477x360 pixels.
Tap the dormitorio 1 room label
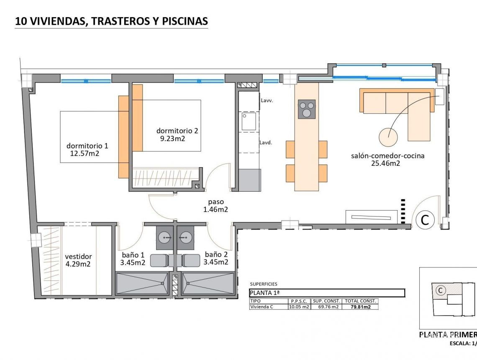87,146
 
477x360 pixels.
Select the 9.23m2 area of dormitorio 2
172,138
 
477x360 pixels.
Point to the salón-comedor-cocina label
387,156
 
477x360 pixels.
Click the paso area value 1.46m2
215,210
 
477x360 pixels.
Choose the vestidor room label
78,257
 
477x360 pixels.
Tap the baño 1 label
133,254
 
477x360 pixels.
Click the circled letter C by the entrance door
425,220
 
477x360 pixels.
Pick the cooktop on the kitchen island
306,109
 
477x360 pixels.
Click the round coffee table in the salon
389,136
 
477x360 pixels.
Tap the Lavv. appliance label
267,101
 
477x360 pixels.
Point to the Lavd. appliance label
266,142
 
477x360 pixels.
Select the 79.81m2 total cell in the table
360,306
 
